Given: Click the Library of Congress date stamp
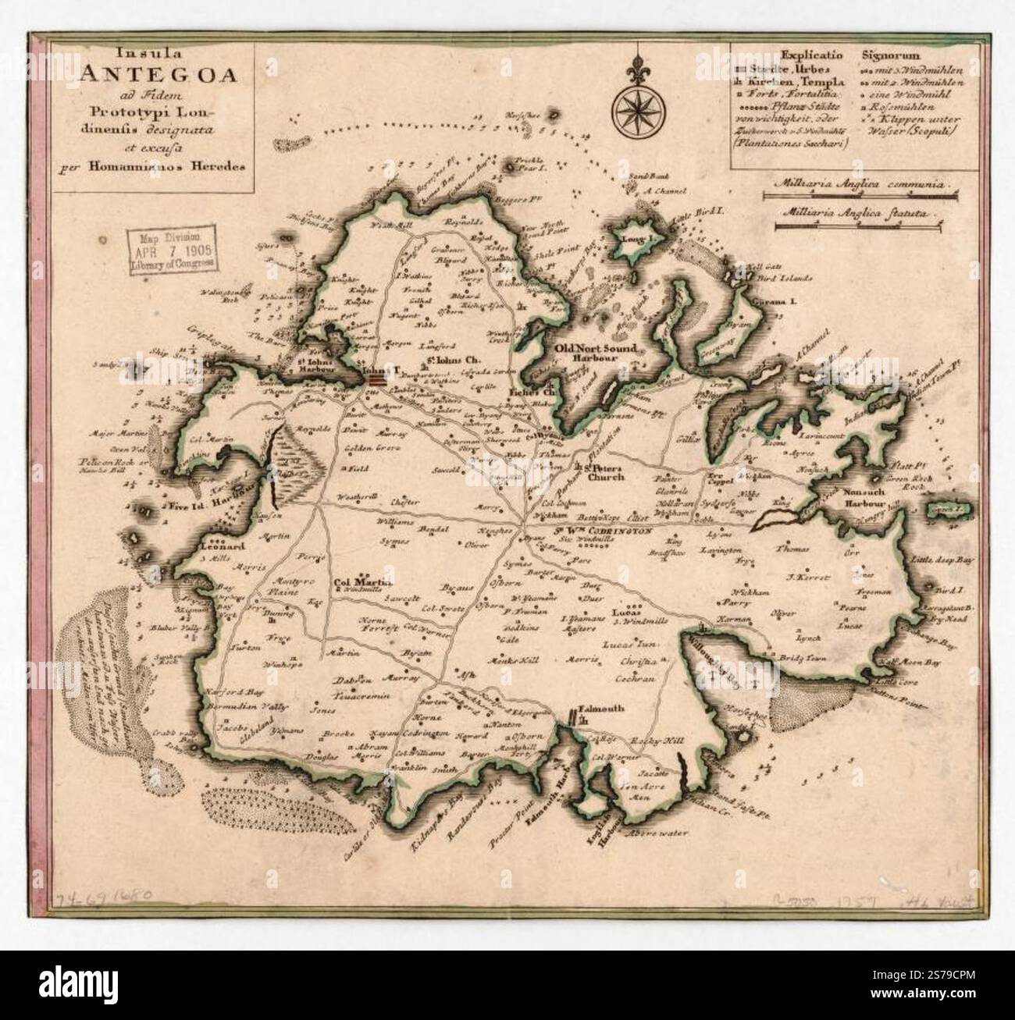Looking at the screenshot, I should pyautogui.click(x=173, y=250).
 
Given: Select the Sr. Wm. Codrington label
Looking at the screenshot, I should pyautogui.click(x=603, y=531).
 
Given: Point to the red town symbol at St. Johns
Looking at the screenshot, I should pyautogui.click(x=377, y=380).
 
